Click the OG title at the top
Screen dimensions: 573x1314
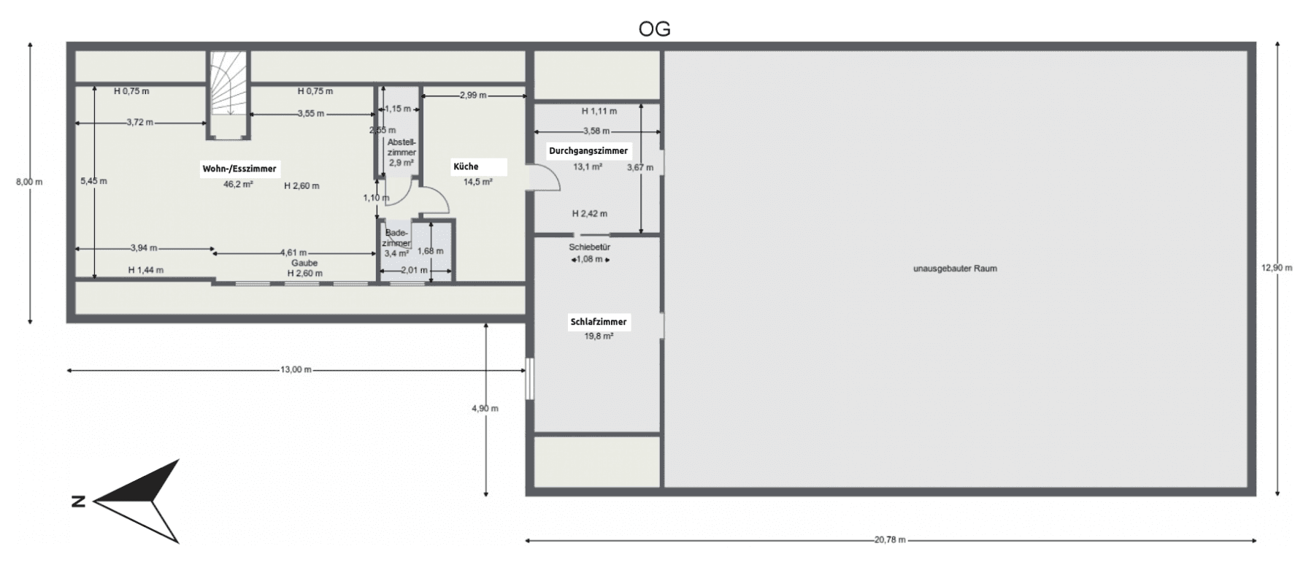click(x=654, y=29)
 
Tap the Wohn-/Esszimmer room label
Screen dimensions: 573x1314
click(x=239, y=169)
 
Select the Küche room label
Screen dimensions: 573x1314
click(x=466, y=166)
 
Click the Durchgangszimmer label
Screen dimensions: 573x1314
click(x=588, y=151)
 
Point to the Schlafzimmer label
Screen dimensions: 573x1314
click(x=598, y=322)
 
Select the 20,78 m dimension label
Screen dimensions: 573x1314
click(x=890, y=540)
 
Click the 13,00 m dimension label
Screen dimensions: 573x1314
click(x=296, y=370)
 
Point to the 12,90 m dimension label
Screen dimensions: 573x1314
click(x=1277, y=268)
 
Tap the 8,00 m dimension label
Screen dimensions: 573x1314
click(x=29, y=182)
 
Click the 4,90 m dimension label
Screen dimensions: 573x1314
click(x=485, y=409)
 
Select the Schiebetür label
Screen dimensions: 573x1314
click(x=589, y=247)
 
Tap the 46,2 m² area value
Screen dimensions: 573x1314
click(x=238, y=185)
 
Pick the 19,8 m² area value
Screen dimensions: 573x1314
click(x=598, y=337)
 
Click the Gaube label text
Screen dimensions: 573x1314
click(x=304, y=263)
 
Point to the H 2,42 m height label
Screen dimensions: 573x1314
click(x=589, y=214)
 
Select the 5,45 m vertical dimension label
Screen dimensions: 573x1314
click(x=93, y=181)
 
